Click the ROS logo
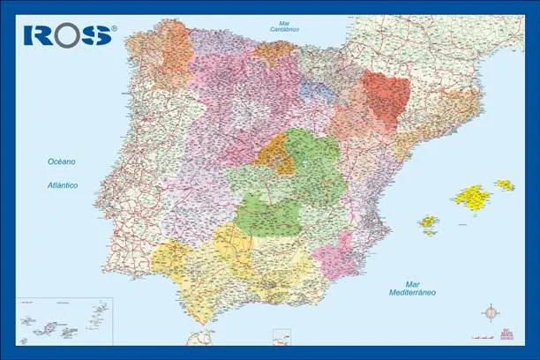click(70, 34)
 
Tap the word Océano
click(63, 161)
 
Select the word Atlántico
click(63, 185)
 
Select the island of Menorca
click(505, 185)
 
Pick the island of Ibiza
click(429, 221)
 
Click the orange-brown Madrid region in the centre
click(276, 155)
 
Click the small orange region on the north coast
click(274, 52)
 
